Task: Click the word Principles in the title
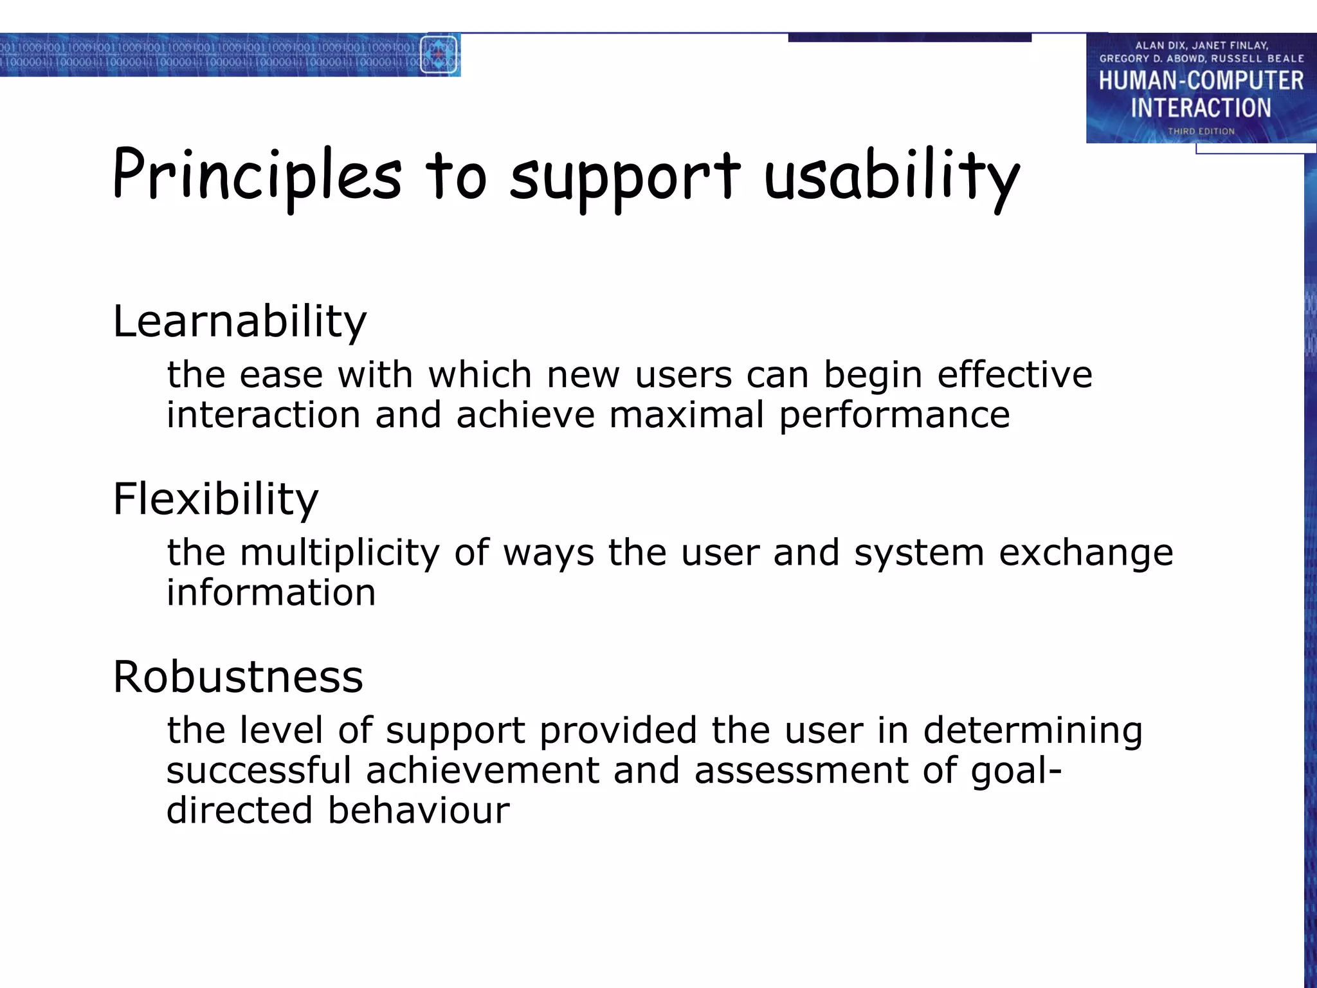click(x=257, y=176)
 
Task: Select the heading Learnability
click(x=239, y=322)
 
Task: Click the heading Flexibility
click(x=215, y=499)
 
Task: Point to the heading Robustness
click(x=238, y=677)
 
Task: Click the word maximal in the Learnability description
click(x=687, y=415)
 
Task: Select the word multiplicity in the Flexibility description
click(x=340, y=554)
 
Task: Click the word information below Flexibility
click(x=271, y=592)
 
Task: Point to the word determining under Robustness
click(x=1033, y=731)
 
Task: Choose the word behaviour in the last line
click(x=419, y=810)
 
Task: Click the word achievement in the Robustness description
click(x=482, y=771)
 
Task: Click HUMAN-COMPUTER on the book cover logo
click(x=1201, y=81)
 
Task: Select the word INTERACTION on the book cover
click(x=1201, y=108)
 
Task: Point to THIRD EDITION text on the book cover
click(x=1201, y=131)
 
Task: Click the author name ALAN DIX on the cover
click(x=1159, y=46)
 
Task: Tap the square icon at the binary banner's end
click(x=439, y=55)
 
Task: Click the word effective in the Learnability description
click(x=1014, y=375)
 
